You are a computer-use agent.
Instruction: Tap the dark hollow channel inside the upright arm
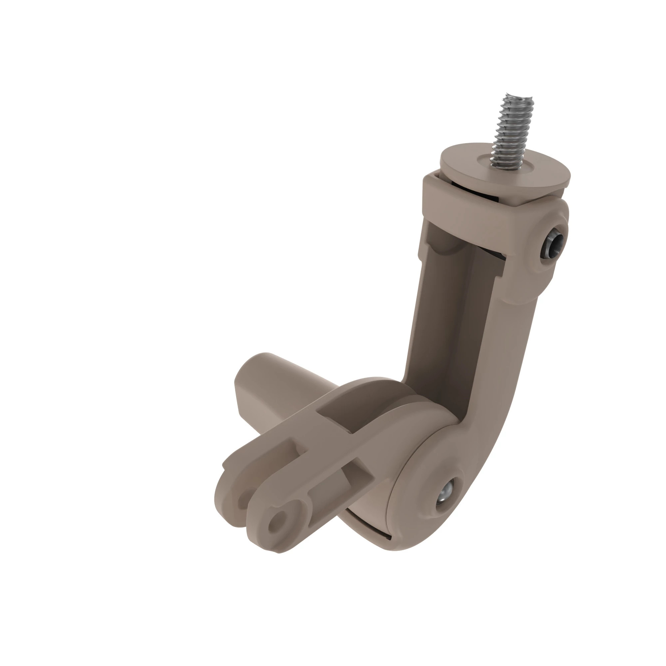coord(445,310)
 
